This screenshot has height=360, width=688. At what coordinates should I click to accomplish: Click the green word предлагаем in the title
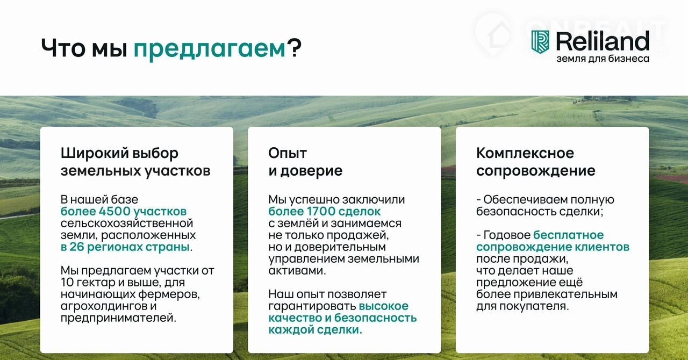[x=210, y=49]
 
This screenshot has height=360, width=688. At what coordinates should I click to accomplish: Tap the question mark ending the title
[x=295, y=47]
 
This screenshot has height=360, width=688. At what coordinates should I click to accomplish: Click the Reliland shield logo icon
[x=540, y=42]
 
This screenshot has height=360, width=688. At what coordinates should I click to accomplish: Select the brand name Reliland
[x=603, y=41]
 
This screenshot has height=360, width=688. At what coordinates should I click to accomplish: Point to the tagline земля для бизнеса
[x=603, y=59]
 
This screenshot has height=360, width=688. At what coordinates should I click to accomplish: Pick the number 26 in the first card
[x=77, y=247]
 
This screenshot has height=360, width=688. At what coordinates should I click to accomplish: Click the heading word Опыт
[x=288, y=153]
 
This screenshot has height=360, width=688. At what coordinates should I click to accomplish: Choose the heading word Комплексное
[x=525, y=153]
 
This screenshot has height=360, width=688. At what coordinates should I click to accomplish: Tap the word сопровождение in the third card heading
[x=536, y=171]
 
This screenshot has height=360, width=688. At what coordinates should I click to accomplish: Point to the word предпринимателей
[x=119, y=318]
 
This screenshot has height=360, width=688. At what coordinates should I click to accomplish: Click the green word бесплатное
[x=569, y=235]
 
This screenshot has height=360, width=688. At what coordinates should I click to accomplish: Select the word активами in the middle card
[x=297, y=271]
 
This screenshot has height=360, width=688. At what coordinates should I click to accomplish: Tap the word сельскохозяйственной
[x=127, y=224]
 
